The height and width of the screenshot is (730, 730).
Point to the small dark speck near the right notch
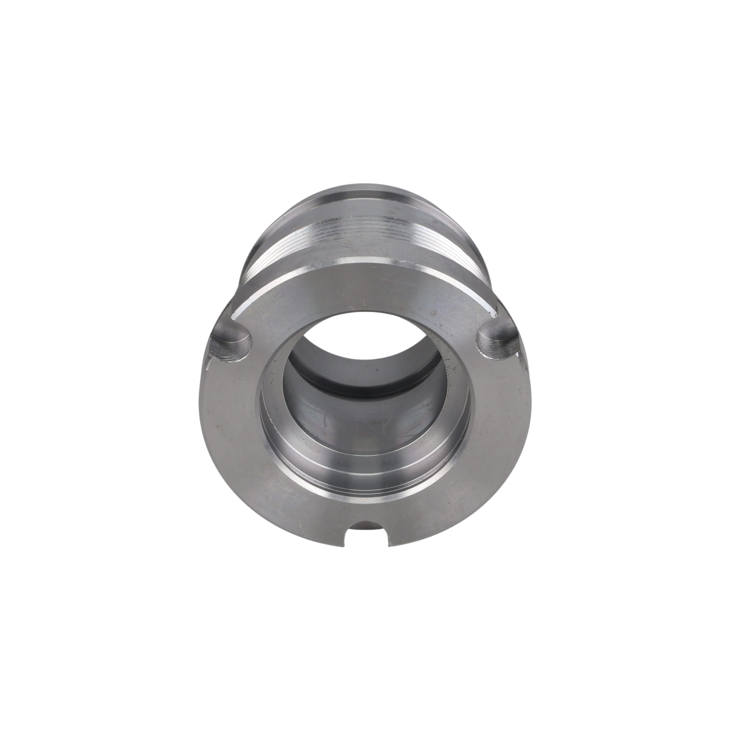(433, 313)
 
